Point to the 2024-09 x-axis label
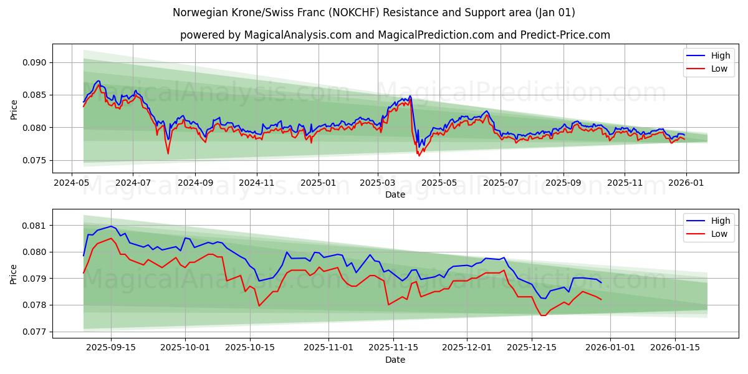[x=195, y=183]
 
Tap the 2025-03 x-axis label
[x=377, y=183]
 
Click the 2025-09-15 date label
[x=112, y=348]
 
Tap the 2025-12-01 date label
[x=467, y=348]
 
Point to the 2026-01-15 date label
[x=675, y=348]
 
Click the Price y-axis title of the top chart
[x=14, y=109]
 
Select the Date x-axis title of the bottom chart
[x=395, y=360]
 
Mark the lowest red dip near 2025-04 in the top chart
[x=419, y=155]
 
